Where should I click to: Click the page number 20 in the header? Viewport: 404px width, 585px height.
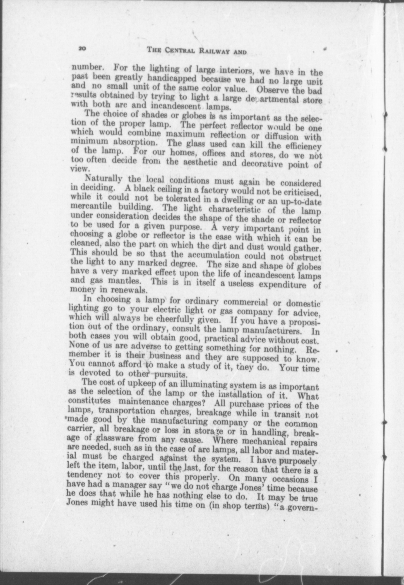83,48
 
